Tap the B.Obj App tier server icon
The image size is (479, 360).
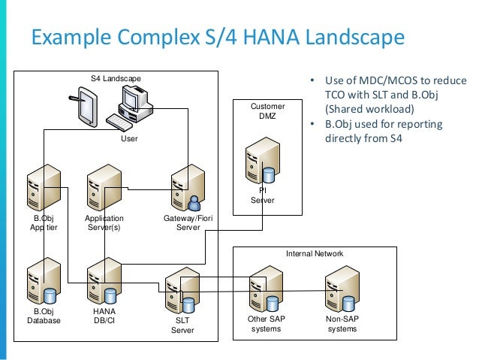click(43, 189)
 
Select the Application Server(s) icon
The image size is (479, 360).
click(104, 189)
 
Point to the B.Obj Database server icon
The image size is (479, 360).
click(43, 280)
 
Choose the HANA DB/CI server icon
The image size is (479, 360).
click(104, 280)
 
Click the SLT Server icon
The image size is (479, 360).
click(181, 289)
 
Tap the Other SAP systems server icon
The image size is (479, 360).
click(267, 289)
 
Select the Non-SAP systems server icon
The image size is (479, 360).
click(342, 289)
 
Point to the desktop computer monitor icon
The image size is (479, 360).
click(133, 98)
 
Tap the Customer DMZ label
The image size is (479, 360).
click(267, 112)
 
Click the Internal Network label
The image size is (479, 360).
click(315, 254)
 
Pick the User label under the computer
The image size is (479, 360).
click(129, 140)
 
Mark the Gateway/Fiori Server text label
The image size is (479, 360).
click(182, 223)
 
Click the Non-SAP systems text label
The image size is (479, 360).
click(342, 323)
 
